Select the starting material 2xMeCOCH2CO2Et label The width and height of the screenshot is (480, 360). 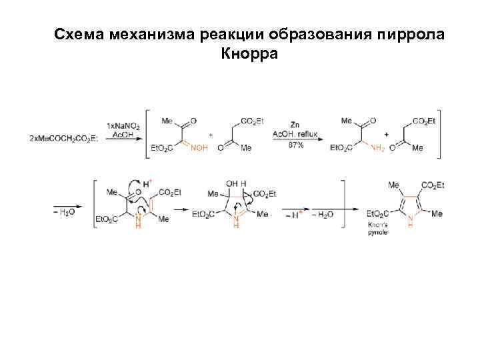(x=64, y=137)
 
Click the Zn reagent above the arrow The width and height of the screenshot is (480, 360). (x=294, y=125)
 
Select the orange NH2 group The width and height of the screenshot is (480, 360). (x=377, y=148)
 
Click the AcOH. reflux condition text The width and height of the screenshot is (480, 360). (x=294, y=135)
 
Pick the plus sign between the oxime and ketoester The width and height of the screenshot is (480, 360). (x=211, y=134)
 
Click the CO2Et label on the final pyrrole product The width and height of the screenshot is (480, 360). (x=433, y=185)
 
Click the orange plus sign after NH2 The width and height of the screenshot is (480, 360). (x=387, y=133)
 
